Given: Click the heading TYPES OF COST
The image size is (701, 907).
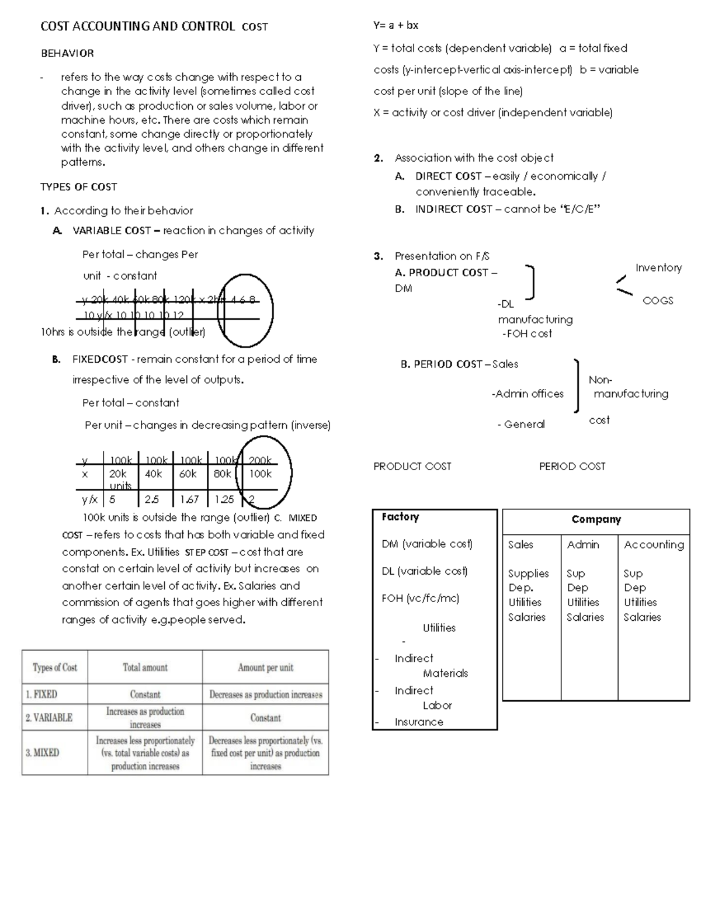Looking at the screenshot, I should coord(78,187).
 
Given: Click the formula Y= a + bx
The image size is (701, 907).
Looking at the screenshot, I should coord(395,25).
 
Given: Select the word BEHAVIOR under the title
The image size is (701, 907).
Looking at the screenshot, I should coord(67,53).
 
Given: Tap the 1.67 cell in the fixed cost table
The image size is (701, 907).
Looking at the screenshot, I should coord(189,499).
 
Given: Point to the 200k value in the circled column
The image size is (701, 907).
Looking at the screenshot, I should coord(260,460).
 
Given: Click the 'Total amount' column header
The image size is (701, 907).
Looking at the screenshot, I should coord(145,668).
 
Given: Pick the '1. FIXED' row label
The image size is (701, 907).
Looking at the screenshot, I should coord(41,694).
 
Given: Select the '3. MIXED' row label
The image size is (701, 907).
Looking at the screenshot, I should coord(42,753).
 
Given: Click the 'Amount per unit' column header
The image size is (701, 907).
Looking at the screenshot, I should coord(265,668).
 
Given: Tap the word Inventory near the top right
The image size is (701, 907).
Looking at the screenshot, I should coord(658,267).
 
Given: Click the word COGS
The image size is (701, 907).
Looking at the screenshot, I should coord(658,301).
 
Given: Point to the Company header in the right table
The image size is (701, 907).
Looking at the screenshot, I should coord(596,519).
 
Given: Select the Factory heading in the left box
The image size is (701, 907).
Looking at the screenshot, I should coord(400,517).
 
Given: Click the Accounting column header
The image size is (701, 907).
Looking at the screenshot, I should coord(653,544).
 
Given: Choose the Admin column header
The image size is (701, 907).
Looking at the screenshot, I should coord(583,544).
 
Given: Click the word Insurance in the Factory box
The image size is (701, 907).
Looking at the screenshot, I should coord(418,722).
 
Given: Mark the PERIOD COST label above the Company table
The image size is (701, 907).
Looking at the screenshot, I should coord(572,466).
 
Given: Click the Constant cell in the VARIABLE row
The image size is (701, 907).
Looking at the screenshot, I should coord(265,718).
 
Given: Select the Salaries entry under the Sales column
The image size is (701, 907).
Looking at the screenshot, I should coord(526,617).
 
